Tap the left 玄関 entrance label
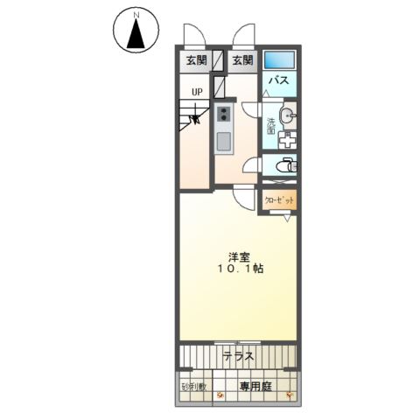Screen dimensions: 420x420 pos(195,60)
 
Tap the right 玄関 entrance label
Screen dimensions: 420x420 pos(242,60)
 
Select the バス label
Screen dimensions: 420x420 pos(279,80)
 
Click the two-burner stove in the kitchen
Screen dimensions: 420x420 pos(223,115)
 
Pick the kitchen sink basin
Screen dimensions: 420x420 pos(223,141)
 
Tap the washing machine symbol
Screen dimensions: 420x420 pos(288,139)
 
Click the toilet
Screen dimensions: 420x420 pos(285,165)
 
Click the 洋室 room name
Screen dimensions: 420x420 pos(237,256)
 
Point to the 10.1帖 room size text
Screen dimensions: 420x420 pos(239,269)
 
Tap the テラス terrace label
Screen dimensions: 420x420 pos(238,356)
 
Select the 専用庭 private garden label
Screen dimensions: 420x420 pos(255,386)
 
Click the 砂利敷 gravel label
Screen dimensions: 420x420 pos(193,386)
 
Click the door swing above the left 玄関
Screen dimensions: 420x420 pos(192,36)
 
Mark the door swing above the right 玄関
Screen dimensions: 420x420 pos(242,36)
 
